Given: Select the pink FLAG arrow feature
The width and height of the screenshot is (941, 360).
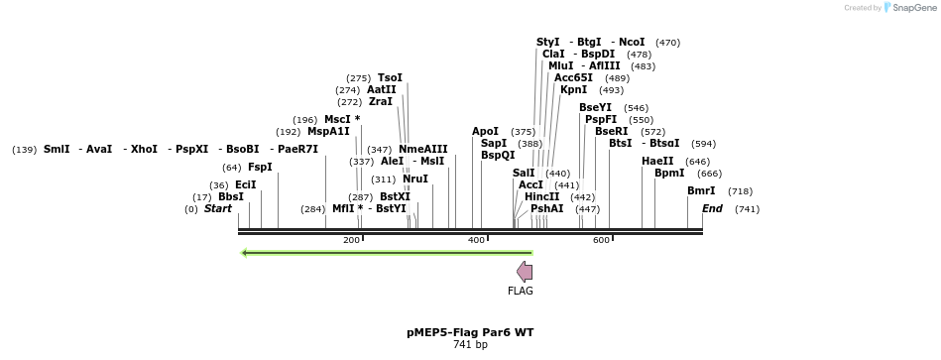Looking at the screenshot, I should tap(525, 272).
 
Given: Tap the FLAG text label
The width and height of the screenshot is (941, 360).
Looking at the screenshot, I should tap(521, 291).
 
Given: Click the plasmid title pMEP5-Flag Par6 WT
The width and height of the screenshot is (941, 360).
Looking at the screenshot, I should tap(470, 332).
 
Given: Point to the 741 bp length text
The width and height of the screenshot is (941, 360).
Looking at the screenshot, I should tap(470, 345).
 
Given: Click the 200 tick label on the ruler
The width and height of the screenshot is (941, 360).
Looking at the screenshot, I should tap(351, 241).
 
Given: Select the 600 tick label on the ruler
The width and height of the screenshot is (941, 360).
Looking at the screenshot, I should tap(601, 241).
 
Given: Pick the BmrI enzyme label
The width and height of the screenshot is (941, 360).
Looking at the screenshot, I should tap(701, 191).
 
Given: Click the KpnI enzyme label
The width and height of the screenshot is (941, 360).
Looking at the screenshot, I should tap(573, 90).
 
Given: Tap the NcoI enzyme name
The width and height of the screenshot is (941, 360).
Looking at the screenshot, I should tap(632, 43).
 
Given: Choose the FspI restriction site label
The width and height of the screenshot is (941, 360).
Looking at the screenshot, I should tap(260, 168).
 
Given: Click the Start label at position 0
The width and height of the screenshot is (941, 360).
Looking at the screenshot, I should tap(217, 209).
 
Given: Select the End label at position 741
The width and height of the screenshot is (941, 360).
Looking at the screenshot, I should tap(712, 209).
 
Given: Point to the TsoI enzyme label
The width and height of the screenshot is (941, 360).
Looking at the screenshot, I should tap(391, 78).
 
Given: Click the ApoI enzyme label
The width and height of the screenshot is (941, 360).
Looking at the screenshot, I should tap(485, 132).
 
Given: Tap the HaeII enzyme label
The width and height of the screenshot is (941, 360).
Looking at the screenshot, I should tap(657, 162).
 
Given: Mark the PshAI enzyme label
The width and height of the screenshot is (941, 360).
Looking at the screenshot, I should tap(546, 209).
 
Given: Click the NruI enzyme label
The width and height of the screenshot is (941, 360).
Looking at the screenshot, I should tap(415, 180).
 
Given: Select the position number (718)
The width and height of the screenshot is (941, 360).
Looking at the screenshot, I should tap(740, 191).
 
